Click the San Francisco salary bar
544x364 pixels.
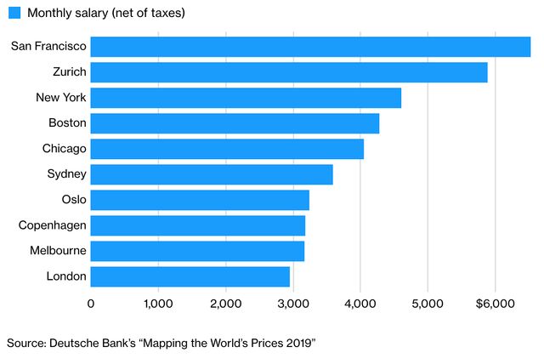[x=310, y=47]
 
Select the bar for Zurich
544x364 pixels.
[x=289, y=72]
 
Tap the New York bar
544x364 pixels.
[x=246, y=98]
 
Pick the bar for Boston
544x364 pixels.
[x=235, y=123]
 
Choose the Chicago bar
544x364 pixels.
[x=227, y=149]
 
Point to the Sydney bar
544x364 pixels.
[x=212, y=174]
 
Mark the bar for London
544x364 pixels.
[x=190, y=276]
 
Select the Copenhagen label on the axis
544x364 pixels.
[x=53, y=225]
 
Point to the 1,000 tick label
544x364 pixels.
[x=158, y=303]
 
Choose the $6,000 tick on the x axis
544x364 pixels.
[x=492, y=303]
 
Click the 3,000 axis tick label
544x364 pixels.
[x=292, y=303]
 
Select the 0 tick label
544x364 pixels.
[x=91, y=303]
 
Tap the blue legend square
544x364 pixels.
[x=14, y=14]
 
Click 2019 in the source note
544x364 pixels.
[x=299, y=342]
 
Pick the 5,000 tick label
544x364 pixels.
[x=428, y=303]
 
